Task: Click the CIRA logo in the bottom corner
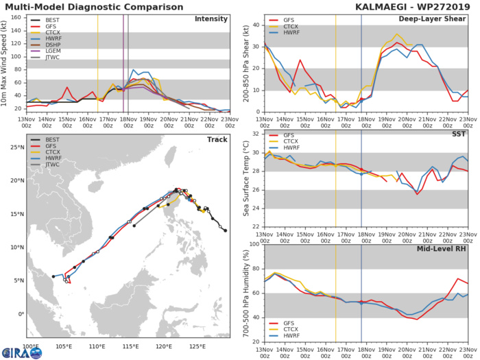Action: click(14, 351)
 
